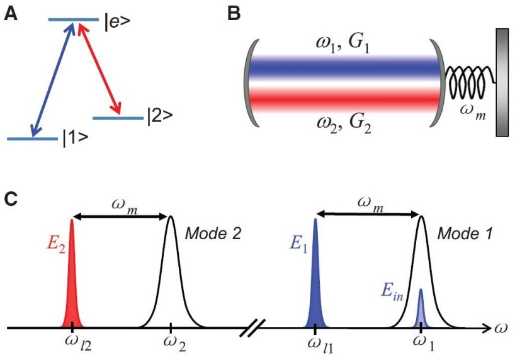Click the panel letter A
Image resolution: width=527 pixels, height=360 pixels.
tap(11, 14)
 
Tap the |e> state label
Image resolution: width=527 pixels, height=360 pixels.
tap(117, 22)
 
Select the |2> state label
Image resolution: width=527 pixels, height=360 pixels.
tap(160, 116)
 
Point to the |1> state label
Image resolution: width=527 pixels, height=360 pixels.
tap(76, 138)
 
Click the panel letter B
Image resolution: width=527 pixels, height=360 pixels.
tap(234, 14)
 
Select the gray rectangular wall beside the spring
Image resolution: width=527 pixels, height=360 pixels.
tap(502, 82)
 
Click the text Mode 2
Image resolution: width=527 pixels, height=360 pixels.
tap(213, 233)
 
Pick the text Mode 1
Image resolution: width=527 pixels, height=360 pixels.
tap(465, 233)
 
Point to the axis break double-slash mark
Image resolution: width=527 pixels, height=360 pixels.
tap(252, 328)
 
